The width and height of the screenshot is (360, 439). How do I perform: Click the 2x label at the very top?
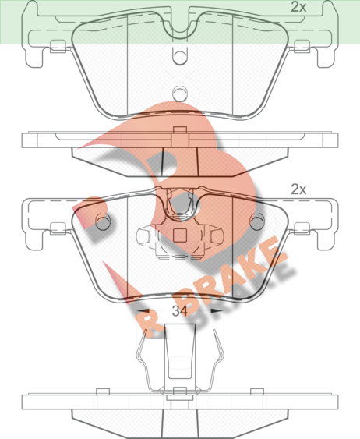point(298,7)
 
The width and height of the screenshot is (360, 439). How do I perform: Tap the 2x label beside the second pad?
point(298,189)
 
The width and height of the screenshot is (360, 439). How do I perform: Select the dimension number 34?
point(179,311)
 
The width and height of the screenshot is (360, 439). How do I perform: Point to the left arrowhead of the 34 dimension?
point(143,311)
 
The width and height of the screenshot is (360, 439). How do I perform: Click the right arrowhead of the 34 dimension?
point(217,311)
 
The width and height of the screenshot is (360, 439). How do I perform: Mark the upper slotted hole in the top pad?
point(180,56)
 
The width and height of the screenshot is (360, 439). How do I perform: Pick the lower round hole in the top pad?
point(180,93)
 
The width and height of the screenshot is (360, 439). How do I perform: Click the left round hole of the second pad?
point(103,221)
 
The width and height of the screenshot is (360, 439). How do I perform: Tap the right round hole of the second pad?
point(257,221)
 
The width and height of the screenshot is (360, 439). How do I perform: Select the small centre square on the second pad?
point(180,235)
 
